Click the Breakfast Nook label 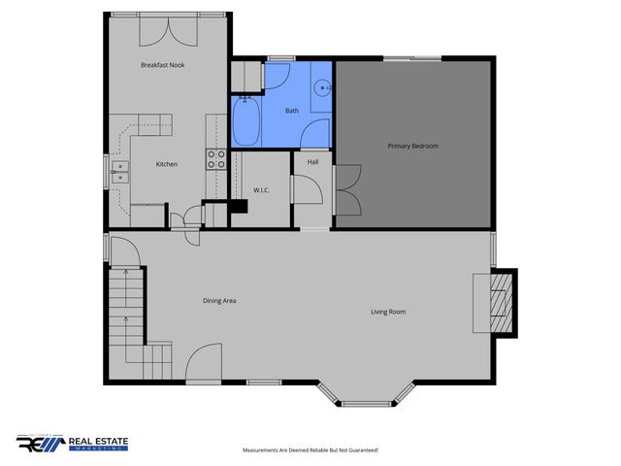tap(162, 65)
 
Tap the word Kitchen tap(167, 164)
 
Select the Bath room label tap(292, 111)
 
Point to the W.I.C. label tap(261, 190)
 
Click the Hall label tap(313, 162)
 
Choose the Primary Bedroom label tap(413, 146)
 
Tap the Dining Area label tap(219, 301)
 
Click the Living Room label tap(388, 312)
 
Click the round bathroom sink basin tap(323, 85)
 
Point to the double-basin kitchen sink tap(120, 172)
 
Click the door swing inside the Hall tap(309, 190)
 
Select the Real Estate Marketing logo tap(73, 444)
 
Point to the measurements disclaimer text tap(310, 450)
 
